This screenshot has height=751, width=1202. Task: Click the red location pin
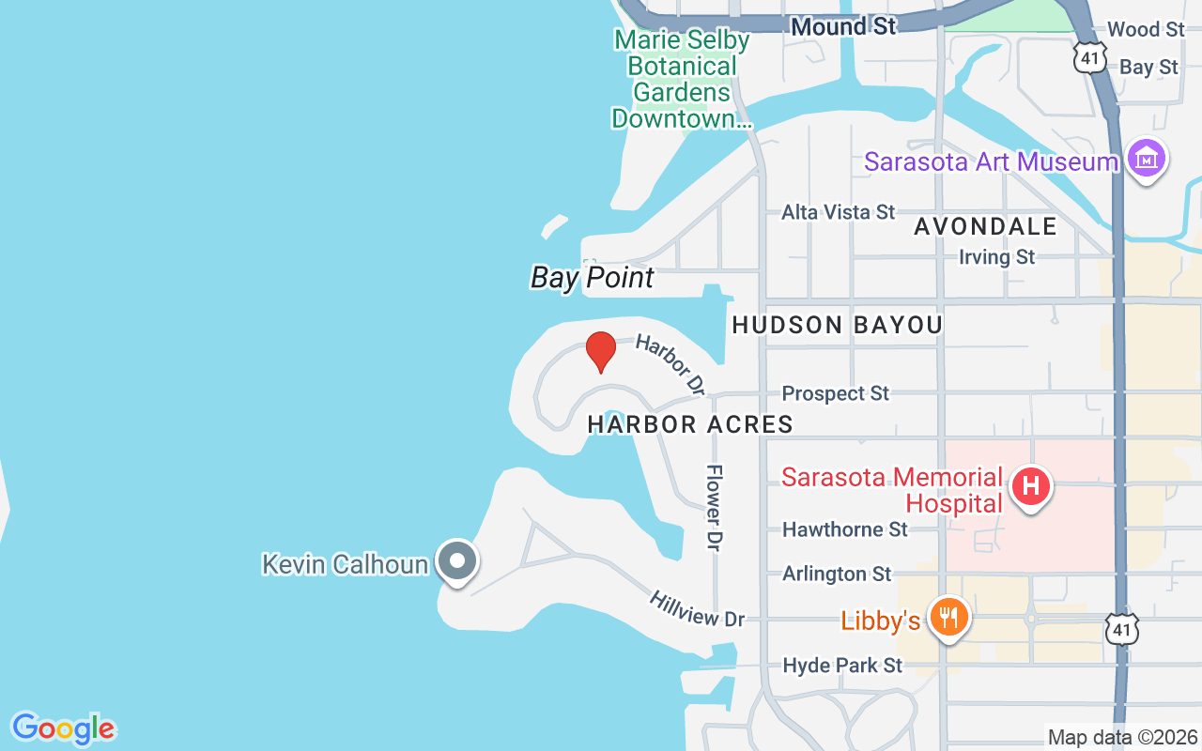coord(601,351)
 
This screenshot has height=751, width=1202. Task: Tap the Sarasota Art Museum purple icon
coord(1147,161)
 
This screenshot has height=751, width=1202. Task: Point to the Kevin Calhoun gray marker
coord(457,561)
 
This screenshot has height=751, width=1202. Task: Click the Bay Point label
coord(593,278)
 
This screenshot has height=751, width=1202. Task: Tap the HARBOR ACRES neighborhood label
coord(690,424)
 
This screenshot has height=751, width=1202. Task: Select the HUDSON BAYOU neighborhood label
coord(837,325)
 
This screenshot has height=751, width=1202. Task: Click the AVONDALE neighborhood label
coord(985,226)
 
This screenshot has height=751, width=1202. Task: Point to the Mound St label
coord(843,26)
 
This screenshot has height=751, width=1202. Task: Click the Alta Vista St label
coord(839,212)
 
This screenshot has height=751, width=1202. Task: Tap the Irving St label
coord(996,256)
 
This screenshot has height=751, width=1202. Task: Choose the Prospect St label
coord(835,393)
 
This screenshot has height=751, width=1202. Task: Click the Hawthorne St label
coord(845,529)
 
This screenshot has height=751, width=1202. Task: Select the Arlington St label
coord(837,574)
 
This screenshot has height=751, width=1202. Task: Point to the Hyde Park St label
coord(842,666)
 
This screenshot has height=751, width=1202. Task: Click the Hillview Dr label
coord(696,608)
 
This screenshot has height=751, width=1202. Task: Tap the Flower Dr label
coord(716,507)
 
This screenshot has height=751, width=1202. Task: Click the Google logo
coord(63,728)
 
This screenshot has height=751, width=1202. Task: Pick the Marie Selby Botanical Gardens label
coord(682,79)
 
